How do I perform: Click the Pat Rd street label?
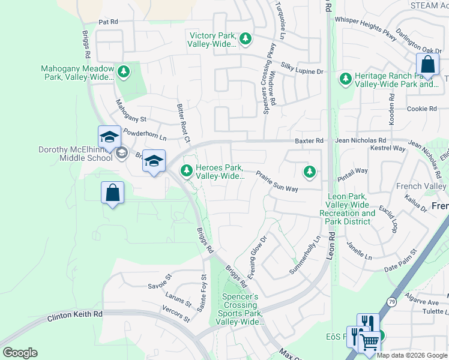108,22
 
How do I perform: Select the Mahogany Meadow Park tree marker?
123,73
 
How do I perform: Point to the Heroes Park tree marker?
187,172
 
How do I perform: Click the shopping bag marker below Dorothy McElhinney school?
112,193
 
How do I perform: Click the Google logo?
20,353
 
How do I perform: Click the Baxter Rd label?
309,140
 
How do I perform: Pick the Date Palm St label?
400,260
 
